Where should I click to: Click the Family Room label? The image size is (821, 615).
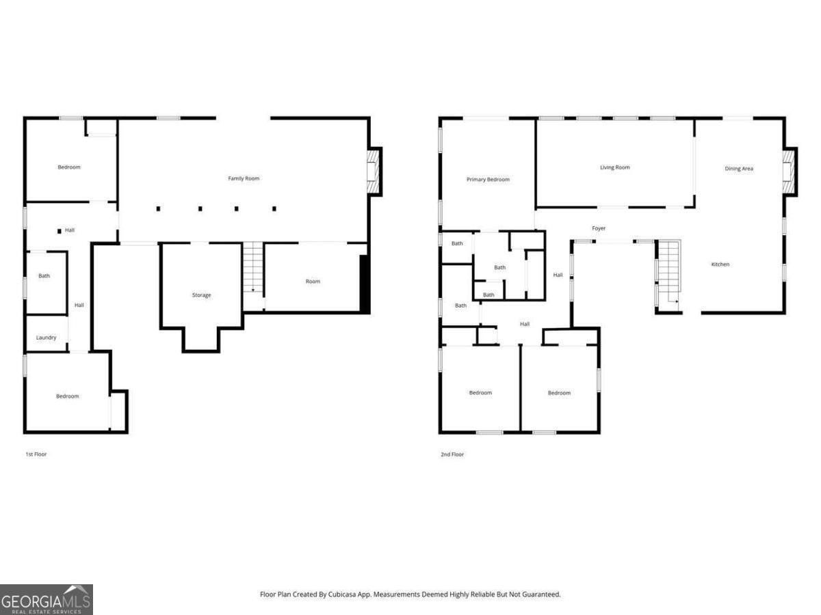point(244,178)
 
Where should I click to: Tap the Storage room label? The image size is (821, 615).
point(201,295)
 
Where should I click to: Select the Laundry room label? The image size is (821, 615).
point(47,338)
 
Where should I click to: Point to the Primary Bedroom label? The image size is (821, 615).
point(488,180)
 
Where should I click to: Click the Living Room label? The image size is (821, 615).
point(614,167)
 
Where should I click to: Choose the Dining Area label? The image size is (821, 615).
point(739,168)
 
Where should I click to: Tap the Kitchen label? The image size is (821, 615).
point(720,264)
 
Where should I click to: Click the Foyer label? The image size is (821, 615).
point(599,228)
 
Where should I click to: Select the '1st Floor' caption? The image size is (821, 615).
point(36,454)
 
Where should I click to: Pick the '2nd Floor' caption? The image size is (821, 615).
point(452,454)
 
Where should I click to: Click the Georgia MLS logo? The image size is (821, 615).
point(46,599)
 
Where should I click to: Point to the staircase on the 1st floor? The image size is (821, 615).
point(253,268)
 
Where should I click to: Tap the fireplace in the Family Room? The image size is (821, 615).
point(373,171)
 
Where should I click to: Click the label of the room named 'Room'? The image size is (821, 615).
point(313,282)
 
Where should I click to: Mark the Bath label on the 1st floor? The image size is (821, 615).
point(44,276)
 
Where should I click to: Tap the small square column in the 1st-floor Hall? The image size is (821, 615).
point(59,231)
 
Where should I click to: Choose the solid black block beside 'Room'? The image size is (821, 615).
point(365,284)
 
